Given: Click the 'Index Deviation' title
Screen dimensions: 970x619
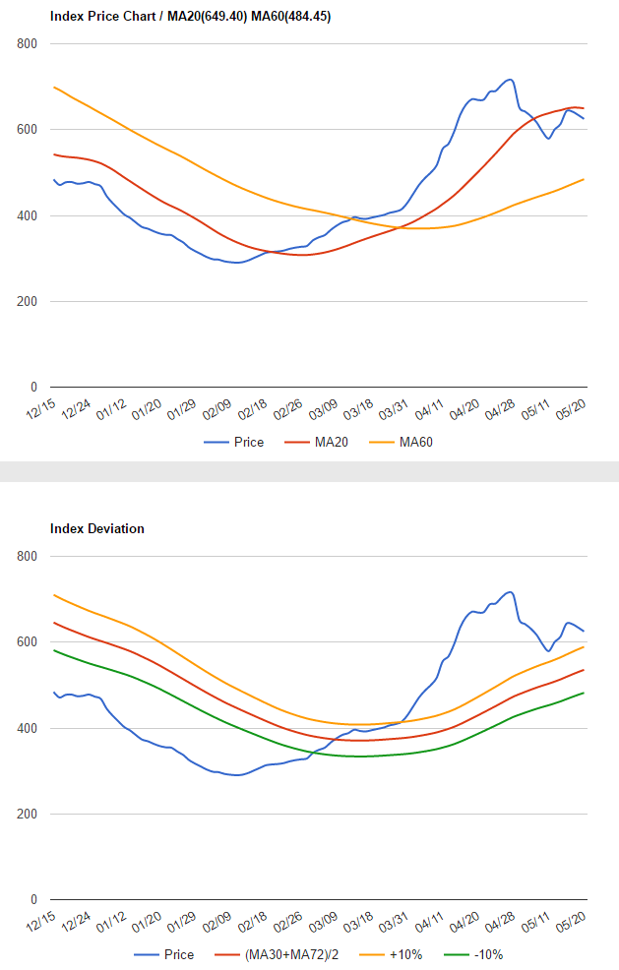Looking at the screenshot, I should [97, 529].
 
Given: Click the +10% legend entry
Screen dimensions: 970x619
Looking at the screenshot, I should [407, 955].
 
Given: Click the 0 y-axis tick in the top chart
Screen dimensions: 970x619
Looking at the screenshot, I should [34, 388].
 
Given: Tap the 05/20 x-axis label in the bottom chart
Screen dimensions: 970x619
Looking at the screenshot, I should [573, 921].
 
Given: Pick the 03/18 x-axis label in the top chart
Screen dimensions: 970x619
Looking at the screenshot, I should [357, 408].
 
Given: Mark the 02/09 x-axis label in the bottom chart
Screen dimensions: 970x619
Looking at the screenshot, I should [217, 921].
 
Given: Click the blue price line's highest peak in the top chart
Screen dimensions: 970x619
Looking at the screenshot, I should [509, 80].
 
